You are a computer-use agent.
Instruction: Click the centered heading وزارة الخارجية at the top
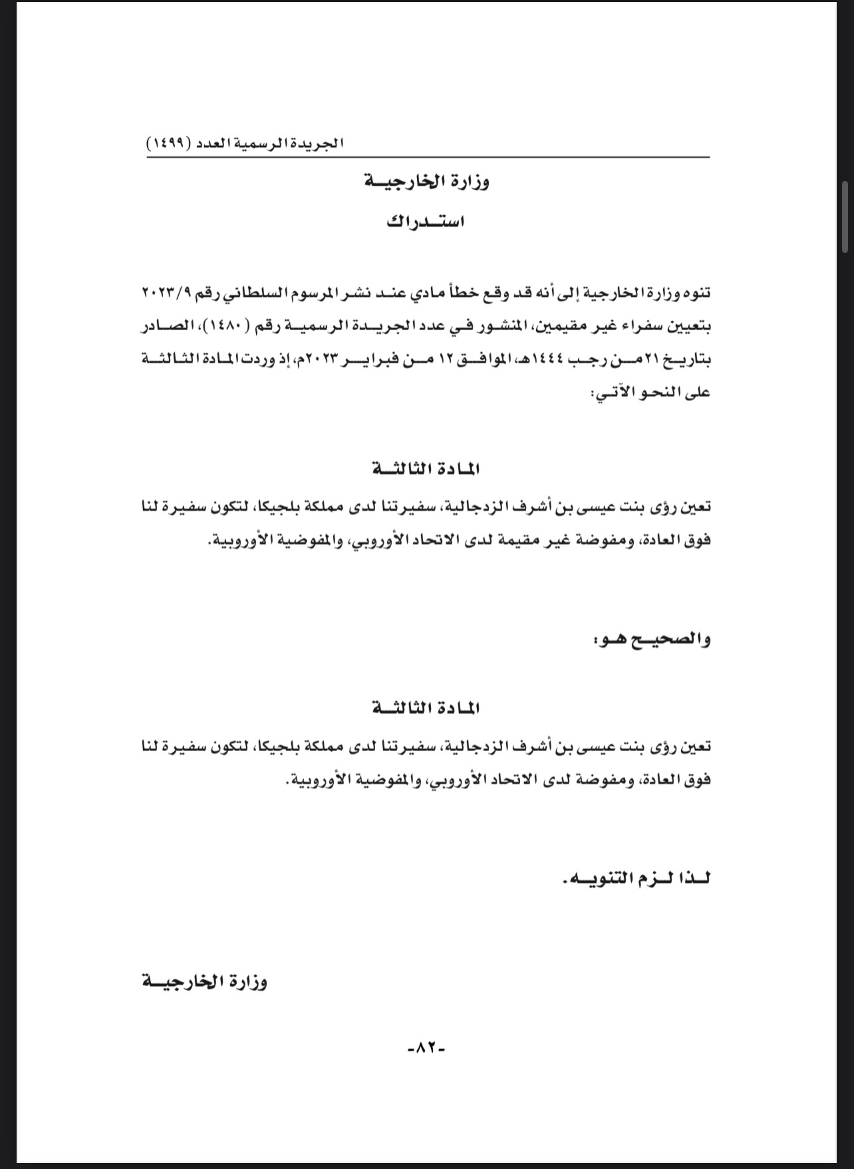(427, 182)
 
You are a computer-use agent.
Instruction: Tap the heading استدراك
(426, 222)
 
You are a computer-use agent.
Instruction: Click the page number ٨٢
(426, 1048)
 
